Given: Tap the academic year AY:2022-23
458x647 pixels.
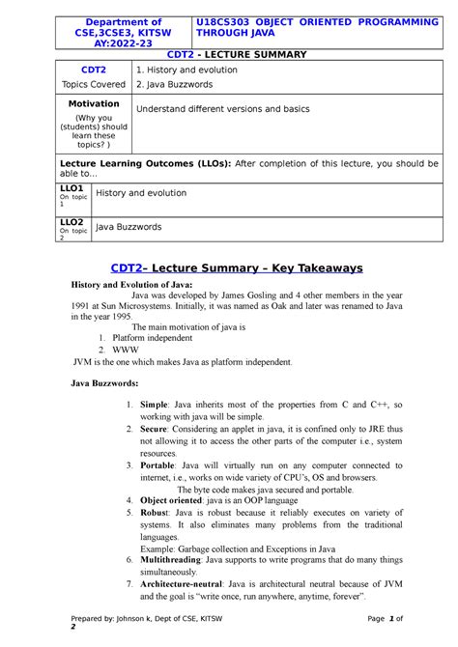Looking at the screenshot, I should tap(124, 44).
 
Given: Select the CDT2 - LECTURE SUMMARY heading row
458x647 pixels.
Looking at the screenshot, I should tap(228, 55).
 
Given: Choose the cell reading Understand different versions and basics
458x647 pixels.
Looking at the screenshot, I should tap(222, 109).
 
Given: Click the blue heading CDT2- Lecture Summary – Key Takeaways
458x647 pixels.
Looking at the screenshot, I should tap(228, 267).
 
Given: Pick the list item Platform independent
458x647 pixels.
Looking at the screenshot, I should tap(161, 339).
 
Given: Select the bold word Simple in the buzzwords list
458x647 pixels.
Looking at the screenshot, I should tap(154, 404).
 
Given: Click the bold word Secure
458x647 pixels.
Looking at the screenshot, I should tap(154, 428).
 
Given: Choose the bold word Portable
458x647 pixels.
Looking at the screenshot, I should tap(157, 464).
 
